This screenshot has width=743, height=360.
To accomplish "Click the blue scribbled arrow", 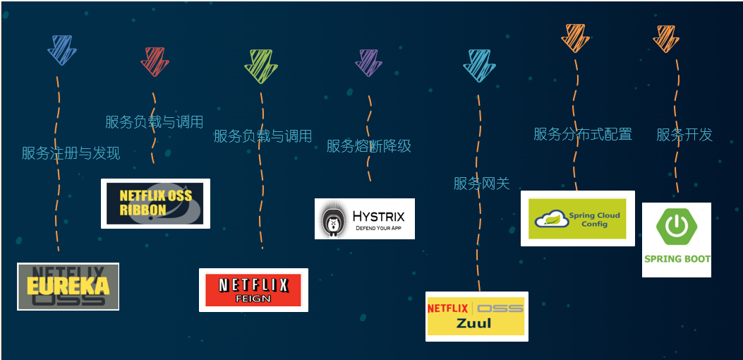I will click(x=61, y=50).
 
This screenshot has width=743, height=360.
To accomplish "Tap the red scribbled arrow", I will click(x=155, y=61).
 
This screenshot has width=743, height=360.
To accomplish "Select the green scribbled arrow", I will click(x=260, y=66).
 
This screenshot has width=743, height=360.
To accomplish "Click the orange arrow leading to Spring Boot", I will click(x=666, y=38).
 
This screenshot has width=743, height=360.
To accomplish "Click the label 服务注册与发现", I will click(x=71, y=153).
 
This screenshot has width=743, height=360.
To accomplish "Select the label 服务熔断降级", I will click(x=368, y=146).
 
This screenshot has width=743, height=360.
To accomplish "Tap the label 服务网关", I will click(x=481, y=184).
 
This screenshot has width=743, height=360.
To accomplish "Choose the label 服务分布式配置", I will click(x=582, y=134).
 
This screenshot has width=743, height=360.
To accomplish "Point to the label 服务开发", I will click(x=684, y=135).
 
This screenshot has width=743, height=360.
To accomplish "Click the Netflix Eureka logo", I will click(x=68, y=286).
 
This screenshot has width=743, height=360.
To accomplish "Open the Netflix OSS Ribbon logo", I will click(x=155, y=203).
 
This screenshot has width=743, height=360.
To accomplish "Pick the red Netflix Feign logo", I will click(x=253, y=289).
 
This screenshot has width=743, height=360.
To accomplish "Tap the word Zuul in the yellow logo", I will click(x=473, y=323).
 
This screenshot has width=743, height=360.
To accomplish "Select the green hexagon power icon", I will click(x=676, y=227).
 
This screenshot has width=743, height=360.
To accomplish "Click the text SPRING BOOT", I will click(x=677, y=259).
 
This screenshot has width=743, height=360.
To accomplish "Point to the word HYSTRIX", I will click(x=378, y=215).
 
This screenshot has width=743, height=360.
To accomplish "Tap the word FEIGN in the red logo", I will click(x=253, y=299).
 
